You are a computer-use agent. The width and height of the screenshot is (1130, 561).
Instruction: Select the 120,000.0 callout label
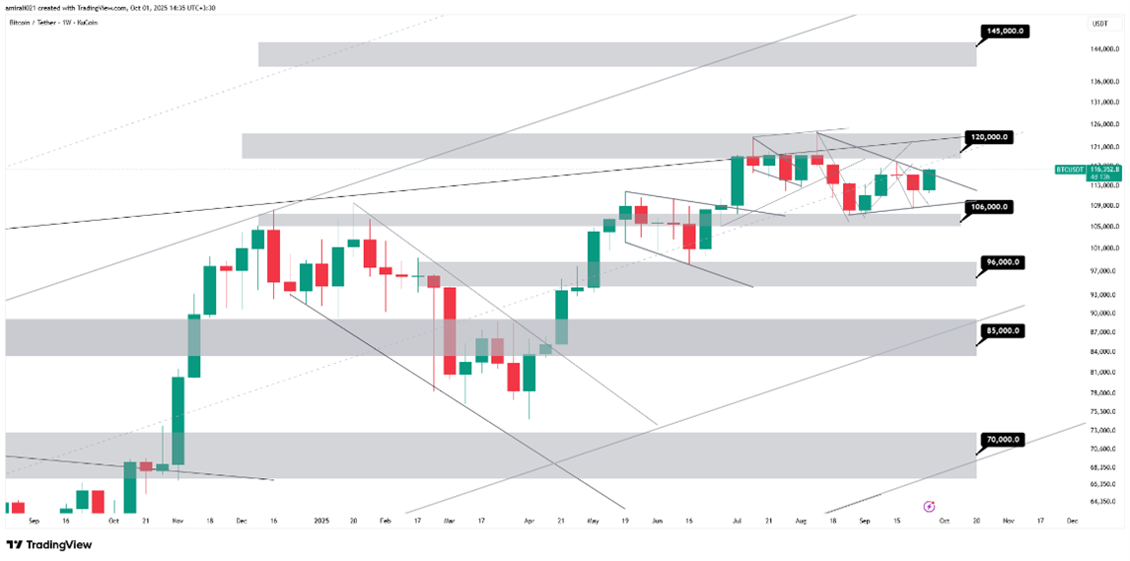tap(990, 137)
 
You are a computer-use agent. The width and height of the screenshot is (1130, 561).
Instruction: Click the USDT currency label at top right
tap(1099, 24)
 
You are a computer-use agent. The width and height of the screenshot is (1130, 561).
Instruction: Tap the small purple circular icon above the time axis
tap(929, 506)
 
